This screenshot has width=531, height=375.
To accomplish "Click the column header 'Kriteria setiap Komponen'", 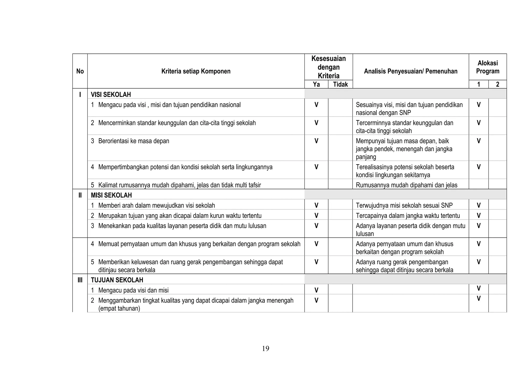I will tap(196, 71).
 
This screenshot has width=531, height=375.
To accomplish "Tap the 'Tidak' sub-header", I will tap(340, 84).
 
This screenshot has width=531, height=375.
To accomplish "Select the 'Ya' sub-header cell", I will tap(316, 84).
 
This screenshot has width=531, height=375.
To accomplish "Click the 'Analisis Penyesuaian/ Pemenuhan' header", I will tap(410, 71).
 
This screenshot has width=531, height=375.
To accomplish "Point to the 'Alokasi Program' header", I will tap(487, 67).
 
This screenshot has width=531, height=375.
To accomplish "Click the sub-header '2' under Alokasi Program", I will tap(497, 84).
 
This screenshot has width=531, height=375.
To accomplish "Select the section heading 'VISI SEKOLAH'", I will tap(111, 95).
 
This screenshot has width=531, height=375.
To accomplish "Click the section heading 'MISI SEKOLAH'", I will tap(111, 195).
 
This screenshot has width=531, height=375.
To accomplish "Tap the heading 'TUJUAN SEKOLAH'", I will tap(117, 280).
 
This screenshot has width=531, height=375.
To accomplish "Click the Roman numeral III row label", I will tap(80, 280).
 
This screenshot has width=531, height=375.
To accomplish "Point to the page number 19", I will tap(265, 349).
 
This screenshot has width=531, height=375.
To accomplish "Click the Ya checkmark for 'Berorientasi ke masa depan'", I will tap(316, 141).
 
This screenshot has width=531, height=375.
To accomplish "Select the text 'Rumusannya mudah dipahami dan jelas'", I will tap(406, 185).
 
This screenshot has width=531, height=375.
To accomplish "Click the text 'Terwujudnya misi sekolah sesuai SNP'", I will tap(404, 206).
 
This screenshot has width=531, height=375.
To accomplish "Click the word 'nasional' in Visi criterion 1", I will tap(230, 105).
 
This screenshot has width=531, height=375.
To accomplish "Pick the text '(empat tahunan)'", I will tap(119, 308).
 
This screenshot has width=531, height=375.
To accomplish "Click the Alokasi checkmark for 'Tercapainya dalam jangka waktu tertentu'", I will tap(478, 216).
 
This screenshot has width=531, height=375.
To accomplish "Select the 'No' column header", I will tap(80, 71).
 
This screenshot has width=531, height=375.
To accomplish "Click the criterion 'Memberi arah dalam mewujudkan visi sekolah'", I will tap(156, 206).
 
